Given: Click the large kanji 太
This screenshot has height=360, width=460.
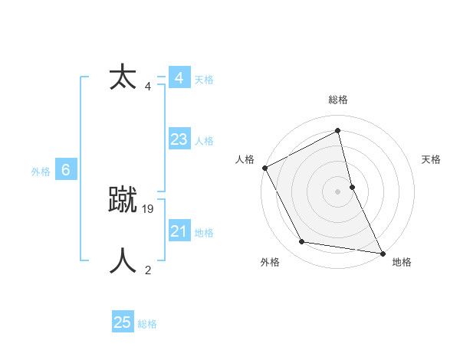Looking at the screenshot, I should point(123,77).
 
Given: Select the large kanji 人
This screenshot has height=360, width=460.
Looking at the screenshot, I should point(123,260).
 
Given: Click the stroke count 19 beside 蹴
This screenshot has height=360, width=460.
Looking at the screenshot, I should point(149,208).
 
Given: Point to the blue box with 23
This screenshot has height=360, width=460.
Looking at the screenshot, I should point(179,139).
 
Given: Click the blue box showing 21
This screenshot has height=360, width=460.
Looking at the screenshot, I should point(179,231).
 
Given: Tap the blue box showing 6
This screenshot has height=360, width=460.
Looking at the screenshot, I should point(66,170).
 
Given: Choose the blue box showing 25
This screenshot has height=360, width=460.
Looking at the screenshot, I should point(123,322).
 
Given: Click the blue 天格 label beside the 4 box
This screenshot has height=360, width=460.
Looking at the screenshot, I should point(204,80).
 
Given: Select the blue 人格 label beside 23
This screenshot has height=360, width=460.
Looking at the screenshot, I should point(204,141).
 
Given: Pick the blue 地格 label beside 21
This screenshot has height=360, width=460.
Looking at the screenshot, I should point(204,233).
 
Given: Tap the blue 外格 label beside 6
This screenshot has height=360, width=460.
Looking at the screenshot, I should point(41,172).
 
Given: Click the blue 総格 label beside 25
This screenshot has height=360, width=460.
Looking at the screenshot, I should point(147,324).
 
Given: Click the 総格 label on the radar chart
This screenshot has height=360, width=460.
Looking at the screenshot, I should point(338,100).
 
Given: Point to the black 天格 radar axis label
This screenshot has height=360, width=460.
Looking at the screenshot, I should point(432,159).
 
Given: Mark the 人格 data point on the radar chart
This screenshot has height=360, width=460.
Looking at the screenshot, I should point(264,168).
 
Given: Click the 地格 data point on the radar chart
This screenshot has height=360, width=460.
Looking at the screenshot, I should point(382,252).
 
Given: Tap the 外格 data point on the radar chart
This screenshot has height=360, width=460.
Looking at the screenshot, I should point(302,242).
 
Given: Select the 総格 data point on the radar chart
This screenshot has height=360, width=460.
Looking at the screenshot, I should point(338,130).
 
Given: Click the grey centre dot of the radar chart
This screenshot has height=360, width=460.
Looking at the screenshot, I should point(338,191).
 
